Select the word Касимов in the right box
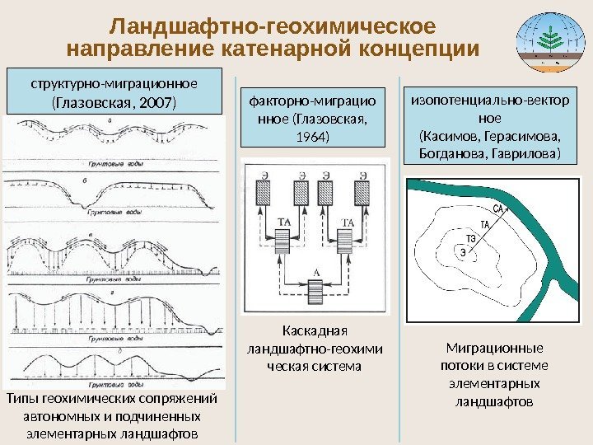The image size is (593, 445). [451, 136]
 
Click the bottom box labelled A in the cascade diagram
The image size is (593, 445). [317, 292]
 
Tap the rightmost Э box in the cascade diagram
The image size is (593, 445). [361, 193]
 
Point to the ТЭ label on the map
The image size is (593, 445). [472, 228]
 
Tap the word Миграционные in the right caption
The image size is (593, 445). [494, 349]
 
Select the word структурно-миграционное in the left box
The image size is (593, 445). [114, 83]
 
